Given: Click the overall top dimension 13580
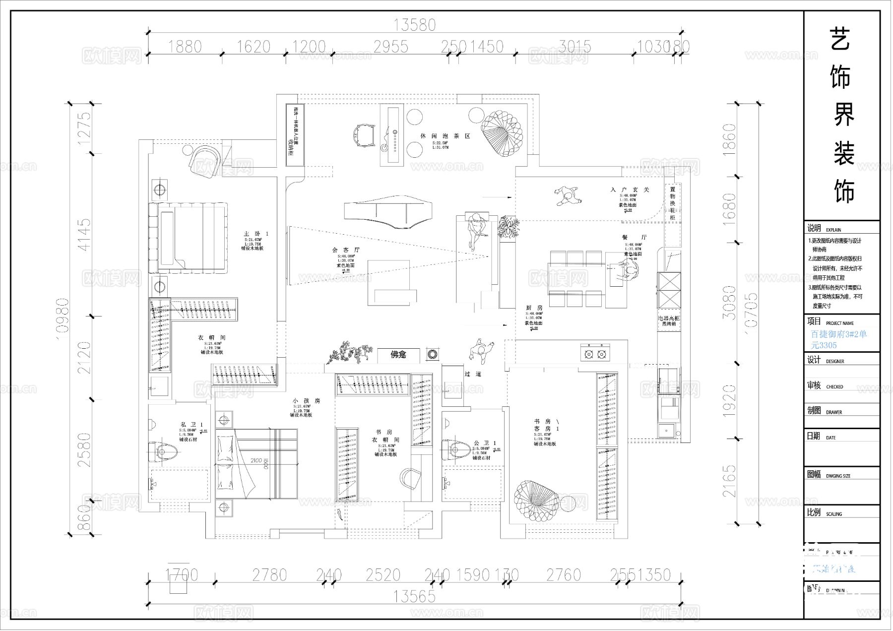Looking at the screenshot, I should click(x=415, y=25).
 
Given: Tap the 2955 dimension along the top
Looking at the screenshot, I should click(x=391, y=47).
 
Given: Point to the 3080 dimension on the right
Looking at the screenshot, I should click(x=729, y=302).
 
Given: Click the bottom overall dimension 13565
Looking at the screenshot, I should click(x=415, y=596).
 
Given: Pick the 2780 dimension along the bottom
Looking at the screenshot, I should click(x=269, y=575).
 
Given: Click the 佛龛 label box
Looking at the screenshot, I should click(x=398, y=355).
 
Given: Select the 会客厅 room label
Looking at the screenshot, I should click(x=346, y=251).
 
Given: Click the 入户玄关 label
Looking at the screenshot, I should click(x=630, y=190).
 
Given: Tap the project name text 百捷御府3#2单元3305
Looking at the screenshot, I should click(x=838, y=340).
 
